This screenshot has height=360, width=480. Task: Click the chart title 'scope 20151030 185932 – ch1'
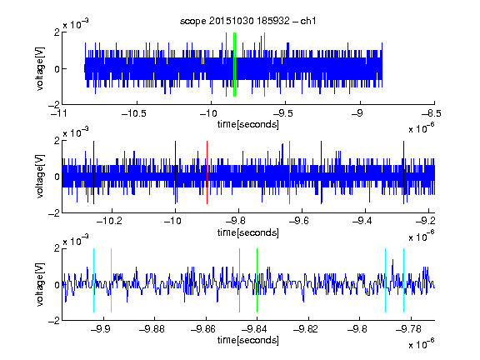[x=248, y=21]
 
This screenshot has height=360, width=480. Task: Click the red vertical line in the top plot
[x=226, y=65]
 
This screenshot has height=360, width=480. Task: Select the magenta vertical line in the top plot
[x=264, y=65]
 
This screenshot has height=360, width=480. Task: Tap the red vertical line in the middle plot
[x=207, y=172]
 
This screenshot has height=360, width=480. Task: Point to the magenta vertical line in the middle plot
[x=290, y=172]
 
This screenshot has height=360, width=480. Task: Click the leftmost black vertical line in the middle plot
[x=93, y=172]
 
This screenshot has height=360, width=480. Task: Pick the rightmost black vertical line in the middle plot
[x=403, y=172]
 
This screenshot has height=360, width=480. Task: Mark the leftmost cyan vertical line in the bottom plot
[x=93, y=280]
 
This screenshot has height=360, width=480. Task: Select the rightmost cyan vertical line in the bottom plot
[x=403, y=280]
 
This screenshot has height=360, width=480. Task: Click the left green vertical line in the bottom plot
[x=239, y=280]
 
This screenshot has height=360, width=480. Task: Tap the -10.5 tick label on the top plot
[x=134, y=113]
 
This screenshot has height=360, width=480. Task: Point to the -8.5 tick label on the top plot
[x=432, y=113]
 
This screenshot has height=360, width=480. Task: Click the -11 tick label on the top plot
[x=58, y=113]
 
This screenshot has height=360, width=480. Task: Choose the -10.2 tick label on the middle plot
[x=109, y=221]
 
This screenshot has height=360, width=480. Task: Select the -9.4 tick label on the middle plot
[x=362, y=221]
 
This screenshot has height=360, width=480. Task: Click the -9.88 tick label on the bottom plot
[x=152, y=329]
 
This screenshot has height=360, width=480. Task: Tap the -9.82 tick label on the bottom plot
[x=306, y=329]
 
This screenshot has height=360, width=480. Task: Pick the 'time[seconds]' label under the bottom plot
[x=248, y=340]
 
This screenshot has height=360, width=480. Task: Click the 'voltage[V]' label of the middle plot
[x=40, y=177]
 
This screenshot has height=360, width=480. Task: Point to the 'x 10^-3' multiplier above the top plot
[x=76, y=24]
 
